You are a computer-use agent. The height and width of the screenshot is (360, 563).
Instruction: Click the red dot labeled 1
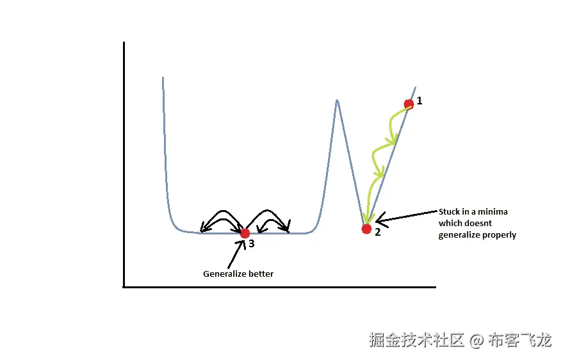(x=409, y=104)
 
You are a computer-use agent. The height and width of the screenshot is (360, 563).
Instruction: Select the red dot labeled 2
(x=366, y=229)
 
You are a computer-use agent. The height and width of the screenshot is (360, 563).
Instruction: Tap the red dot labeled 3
(x=244, y=233)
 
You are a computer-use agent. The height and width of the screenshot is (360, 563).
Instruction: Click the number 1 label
(x=420, y=101)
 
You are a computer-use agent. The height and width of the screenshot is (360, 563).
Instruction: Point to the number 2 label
(x=378, y=232)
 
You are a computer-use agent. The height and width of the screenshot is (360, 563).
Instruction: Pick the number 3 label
(x=252, y=243)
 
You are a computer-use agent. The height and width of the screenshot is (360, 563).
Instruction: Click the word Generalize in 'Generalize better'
(x=223, y=274)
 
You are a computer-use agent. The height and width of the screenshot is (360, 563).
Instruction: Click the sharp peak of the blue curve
(x=336, y=101)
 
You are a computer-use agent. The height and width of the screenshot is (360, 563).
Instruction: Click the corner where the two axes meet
(x=124, y=286)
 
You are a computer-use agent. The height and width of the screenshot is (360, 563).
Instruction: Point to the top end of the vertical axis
(x=124, y=43)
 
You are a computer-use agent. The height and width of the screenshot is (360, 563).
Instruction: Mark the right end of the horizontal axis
(x=435, y=286)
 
